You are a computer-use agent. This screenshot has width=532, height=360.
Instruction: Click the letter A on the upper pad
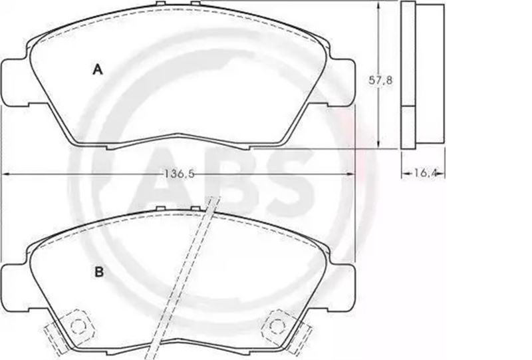pos(98,70)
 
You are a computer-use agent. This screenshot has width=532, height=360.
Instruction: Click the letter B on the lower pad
pos(99,272)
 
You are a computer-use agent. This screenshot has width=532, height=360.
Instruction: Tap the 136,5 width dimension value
pos(180,174)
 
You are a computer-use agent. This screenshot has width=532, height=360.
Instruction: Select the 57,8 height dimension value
pos(380,80)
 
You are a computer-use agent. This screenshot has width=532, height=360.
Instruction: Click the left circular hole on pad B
pos(78,326)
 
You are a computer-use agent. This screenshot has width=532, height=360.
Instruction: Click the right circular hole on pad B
pos(277,326)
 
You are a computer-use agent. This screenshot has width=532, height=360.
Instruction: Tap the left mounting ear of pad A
pos(15,83)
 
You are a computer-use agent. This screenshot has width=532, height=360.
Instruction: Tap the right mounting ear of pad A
pos(342,83)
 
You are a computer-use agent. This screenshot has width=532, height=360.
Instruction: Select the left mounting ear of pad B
pos(15,287)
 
